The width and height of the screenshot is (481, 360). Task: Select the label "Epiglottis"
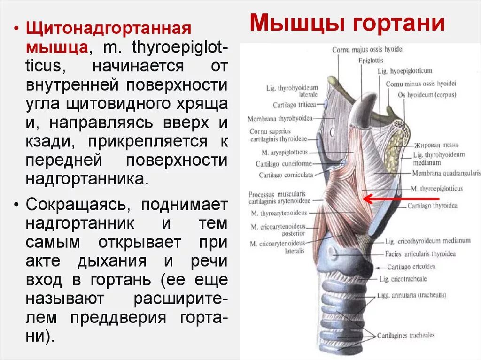371,61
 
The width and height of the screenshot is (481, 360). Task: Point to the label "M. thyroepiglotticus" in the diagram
436,189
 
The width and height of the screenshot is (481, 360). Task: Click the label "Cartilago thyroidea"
432,206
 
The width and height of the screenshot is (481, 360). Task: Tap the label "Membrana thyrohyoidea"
280,119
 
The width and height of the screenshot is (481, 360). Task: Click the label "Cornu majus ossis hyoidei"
368,49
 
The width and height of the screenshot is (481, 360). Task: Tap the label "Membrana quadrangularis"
446,173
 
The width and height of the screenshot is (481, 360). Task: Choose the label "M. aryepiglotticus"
285,153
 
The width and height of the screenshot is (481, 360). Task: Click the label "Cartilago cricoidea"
411,267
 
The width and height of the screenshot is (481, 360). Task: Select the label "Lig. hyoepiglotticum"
404,71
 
